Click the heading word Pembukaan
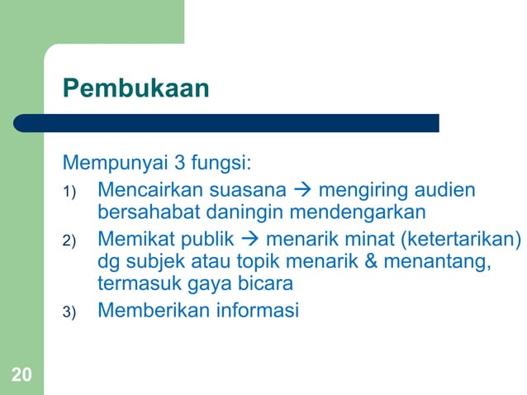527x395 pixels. coord(136,88)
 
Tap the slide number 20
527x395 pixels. coord(21,376)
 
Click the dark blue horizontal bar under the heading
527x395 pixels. coord(226,123)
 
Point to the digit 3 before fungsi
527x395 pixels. coord(177,159)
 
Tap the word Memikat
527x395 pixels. coord(132,240)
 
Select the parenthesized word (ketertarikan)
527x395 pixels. coord(463,240)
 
